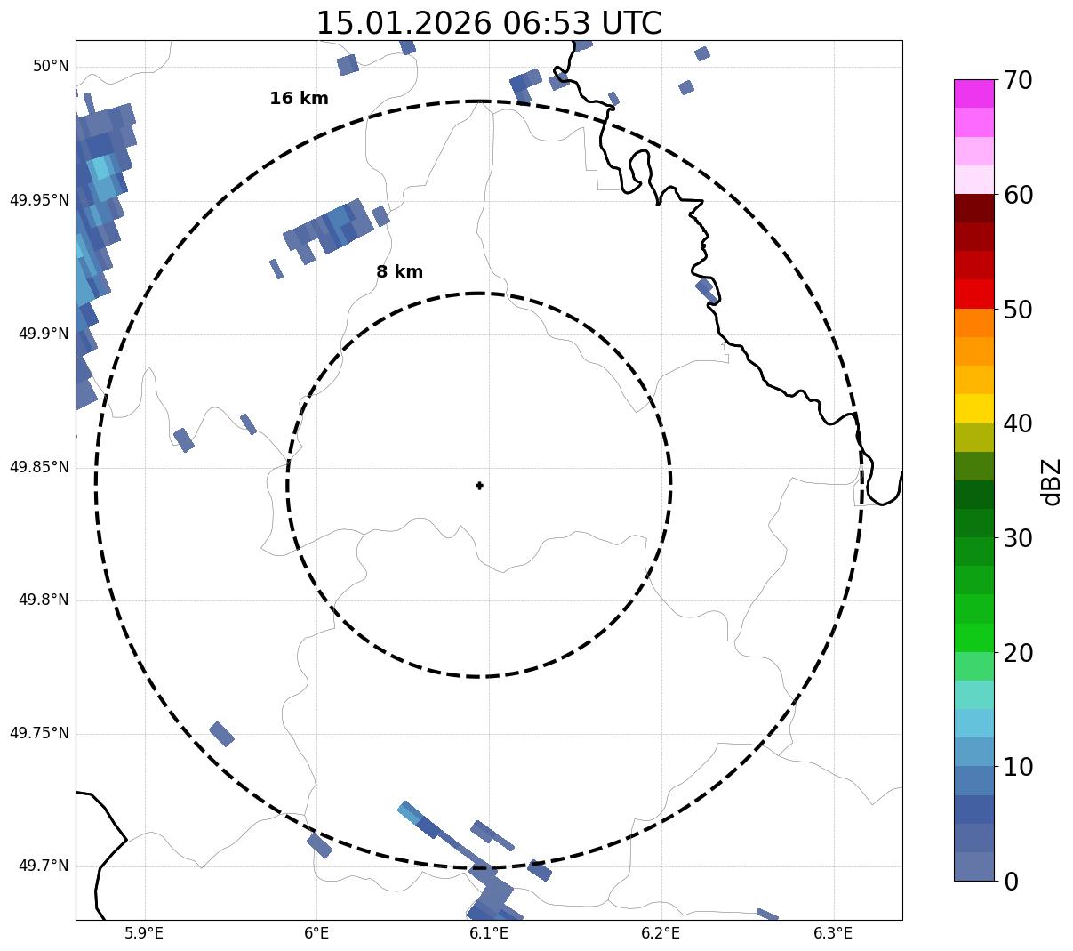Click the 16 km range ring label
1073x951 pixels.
[299, 99]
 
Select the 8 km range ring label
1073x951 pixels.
[399, 272]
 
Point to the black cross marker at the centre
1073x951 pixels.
[479, 485]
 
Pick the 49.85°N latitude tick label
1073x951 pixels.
[39, 467]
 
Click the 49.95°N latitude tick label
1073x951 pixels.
[39, 200]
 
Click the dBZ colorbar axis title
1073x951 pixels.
[1052, 482]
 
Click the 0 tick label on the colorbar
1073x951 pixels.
[1011, 882]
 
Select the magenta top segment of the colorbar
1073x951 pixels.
[973, 93]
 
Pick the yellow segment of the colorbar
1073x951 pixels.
[973, 408]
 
